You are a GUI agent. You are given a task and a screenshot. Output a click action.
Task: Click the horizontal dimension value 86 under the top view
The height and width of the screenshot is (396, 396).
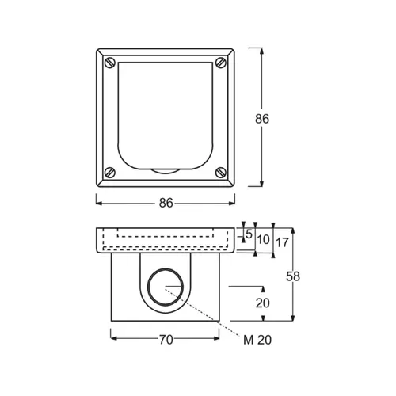tap(166, 203)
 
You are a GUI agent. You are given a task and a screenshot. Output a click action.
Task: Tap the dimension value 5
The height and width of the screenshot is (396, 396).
tap(248, 235)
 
